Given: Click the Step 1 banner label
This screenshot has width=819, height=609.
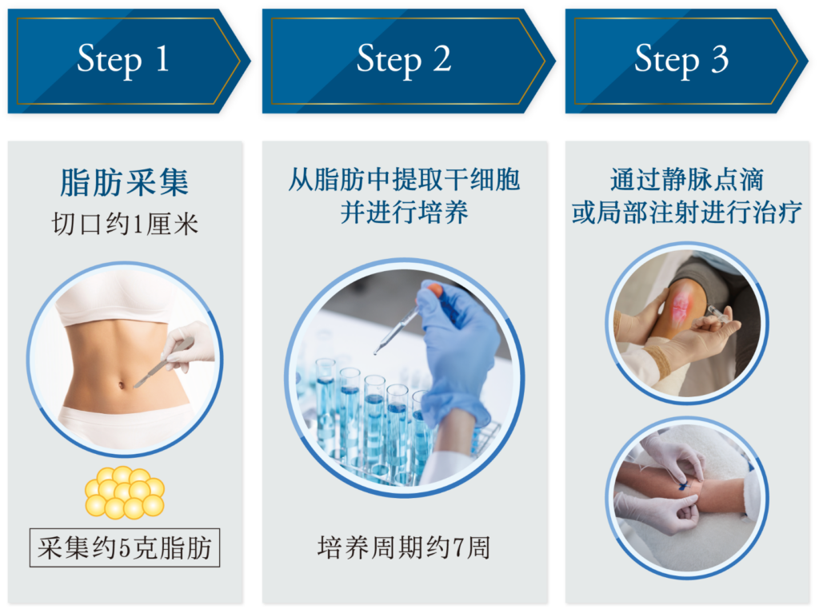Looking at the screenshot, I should click(122, 60).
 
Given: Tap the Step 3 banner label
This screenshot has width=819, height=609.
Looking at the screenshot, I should click(681, 60).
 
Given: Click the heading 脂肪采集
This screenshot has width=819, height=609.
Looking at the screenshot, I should click(124, 183).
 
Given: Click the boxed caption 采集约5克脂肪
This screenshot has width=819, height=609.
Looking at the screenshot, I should click(125, 548).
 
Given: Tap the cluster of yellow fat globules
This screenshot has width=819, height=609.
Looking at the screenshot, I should click(124, 492).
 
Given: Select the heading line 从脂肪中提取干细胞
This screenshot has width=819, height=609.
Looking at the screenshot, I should click(404, 179).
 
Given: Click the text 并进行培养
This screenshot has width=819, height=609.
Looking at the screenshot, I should click(404, 213).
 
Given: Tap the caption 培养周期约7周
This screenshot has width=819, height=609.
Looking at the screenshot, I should click(404, 548).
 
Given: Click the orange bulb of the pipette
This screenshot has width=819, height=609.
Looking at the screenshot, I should click(433, 291).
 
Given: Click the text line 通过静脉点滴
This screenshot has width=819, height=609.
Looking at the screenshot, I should click(686, 179).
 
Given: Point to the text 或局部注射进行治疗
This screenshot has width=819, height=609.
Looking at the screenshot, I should click(686, 213).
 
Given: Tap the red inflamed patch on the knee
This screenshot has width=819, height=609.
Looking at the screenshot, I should click(681, 308).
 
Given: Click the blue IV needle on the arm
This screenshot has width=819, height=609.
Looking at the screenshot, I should click(685, 484).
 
